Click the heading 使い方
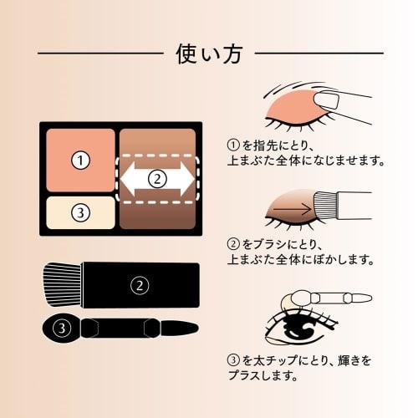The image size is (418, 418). click(209, 54)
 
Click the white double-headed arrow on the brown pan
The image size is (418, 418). click(159, 177)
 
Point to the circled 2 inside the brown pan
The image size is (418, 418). click(159, 177)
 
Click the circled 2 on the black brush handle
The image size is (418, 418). click(140, 284)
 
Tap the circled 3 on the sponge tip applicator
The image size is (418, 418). click(60, 327)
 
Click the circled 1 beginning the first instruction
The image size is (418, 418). click(233, 143)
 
